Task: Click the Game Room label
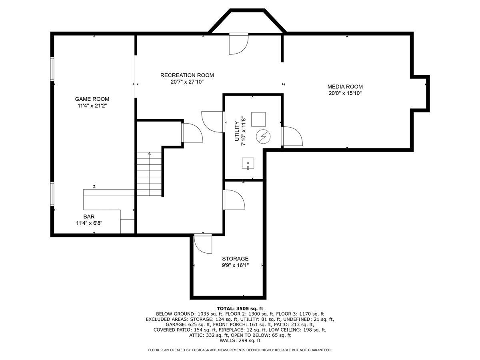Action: pyautogui.click(x=92, y=99)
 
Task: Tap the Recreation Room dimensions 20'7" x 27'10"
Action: pyautogui.click(x=187, y=82)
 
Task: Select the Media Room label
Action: pyautogui.click(x=345, y=86)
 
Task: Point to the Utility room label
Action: pyautogui.click(x=237, y=131)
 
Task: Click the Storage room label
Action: pyautogui.click(x=235, y=259)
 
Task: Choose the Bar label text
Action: pyautogui.click(x=89, y=217)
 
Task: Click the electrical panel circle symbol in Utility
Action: pyautogui.click(x=263, y=137)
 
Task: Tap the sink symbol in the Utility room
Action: pyautogui.click(x=248, y=163)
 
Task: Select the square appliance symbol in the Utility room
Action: pyautogui.click(x=258, y=119)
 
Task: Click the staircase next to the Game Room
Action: pyautogui.click(x=149, y=174)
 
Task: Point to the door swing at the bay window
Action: pyautogui.click(x=238, y=44)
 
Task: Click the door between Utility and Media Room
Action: pyautogui.click(x=292, y=136)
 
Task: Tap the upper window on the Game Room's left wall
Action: pyautogui.click(x=52, y=69)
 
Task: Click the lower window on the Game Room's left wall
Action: pyautogui.click(x=52, y=194)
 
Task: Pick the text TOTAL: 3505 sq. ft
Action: pyautogui.click(x=240, y=309)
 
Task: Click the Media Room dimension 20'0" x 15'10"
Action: pyautogui.click(x=345, y=93)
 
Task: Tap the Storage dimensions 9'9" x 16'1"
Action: pyautogui.click(x=235, y=265)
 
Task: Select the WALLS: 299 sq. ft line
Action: pyautogui.click(x=240, y=340)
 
